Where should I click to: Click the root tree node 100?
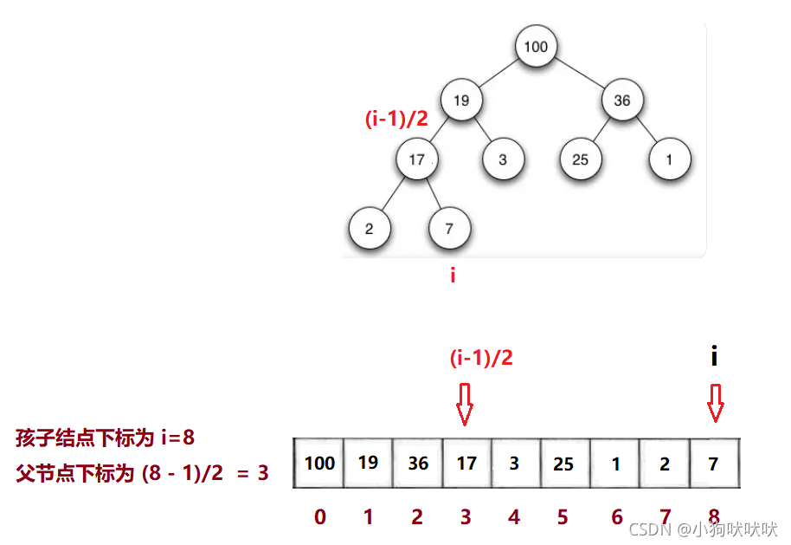[x=536, y=47]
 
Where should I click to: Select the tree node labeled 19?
[x=461, y=101]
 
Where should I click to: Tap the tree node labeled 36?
[x=622, y=101]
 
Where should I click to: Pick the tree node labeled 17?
[x=416, y=159]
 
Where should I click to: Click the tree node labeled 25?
[x=580, y=159]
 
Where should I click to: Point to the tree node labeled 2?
[x=370, y=230]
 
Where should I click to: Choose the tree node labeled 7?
[x=449, y=230]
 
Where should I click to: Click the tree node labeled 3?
[x=503, y=159]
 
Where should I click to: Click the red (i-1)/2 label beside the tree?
[x=396, y=120]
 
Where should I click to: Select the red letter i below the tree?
[x=452, y=276]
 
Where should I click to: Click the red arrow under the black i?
[x=715, y=404]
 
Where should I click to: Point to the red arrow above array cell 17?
[x=465, y=404]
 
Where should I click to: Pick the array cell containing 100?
[x=319, y=463]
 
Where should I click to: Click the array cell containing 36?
[x=418, y=463]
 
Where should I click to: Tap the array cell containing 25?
[x=563, y=463]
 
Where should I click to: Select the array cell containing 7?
[x=713, y=463]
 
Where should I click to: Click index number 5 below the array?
[x=563, y=517]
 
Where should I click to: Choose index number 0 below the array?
[x=320, y=517]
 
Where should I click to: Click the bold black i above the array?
[x=714, y=356]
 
